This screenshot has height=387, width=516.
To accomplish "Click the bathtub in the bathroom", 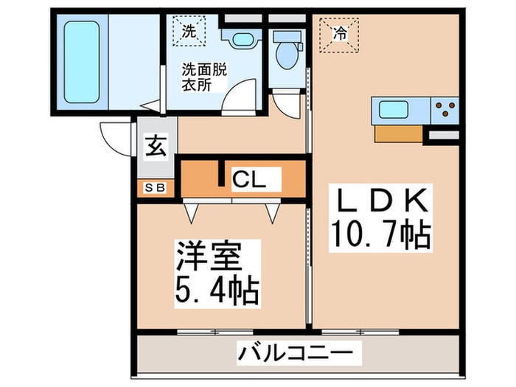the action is (82, 62).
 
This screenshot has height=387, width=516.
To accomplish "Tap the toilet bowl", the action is (287, 55).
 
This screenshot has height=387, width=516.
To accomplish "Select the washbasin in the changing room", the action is (241, 39).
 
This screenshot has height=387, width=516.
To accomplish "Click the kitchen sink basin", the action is (393, 110).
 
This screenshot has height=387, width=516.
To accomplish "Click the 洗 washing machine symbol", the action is (189, 31).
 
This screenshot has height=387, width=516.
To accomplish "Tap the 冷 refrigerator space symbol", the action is (339, 34).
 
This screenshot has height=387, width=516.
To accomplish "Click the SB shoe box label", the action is (155, 188).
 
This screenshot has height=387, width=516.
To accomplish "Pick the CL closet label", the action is (249, 179).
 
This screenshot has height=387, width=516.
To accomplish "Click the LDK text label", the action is (381, 200).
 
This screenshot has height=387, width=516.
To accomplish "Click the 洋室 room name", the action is (209, 257).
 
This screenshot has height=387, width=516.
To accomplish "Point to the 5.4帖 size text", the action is (217, 290).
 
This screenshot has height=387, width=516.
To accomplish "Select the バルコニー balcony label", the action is (296, 353).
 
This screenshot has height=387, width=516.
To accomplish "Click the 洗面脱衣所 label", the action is (204, 77).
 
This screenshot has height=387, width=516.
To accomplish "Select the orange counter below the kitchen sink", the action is (399, 133).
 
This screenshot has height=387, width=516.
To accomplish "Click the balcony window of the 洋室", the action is (215, 332).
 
